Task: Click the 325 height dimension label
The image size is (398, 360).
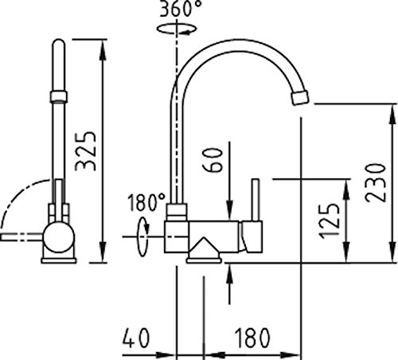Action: pyautogui.click(x=85, y=151)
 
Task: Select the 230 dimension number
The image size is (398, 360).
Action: pyautogui.click(x=375, y=182)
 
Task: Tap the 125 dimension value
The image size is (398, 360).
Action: pyautogui.click(x=329, y=221)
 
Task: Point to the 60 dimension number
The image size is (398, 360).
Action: pyautogui.click(x=212, y=160)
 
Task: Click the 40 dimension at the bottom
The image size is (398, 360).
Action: pyautogui.click(x=136, y=338)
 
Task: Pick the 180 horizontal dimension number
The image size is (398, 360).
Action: pyautogui.click(x=253, y=338)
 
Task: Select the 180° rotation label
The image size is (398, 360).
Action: pyautogui.click(x=146, y=202)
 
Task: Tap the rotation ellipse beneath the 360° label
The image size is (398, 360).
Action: pyautogui.click(x=177, y=29)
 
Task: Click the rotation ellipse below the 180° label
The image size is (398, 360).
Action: pyautogui.click(x=143, y=237)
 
